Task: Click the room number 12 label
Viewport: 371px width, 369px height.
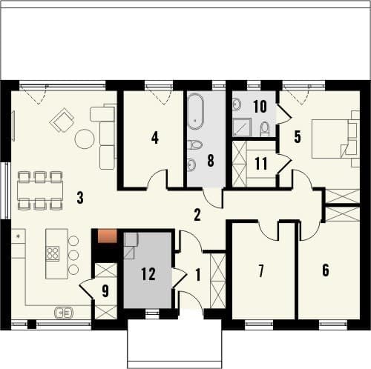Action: (148, 273)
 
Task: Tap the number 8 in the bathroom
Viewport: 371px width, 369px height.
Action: (211, 161)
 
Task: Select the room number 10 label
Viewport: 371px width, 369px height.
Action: (260, 107)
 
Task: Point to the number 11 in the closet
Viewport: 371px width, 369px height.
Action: (261, 163)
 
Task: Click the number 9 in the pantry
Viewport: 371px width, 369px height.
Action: (105, 291)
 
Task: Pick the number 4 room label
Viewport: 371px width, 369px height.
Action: (155, 138)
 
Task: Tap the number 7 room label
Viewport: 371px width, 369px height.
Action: (261, 270)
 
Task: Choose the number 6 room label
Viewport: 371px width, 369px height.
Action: (326, 270)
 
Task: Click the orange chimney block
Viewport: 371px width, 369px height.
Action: (107, 236)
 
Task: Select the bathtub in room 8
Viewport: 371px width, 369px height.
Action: (195, 111)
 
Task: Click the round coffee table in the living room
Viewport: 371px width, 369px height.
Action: (85, 139)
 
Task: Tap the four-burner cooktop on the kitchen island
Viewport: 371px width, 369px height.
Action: (53, 253)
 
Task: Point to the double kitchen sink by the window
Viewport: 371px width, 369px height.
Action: (64, 313)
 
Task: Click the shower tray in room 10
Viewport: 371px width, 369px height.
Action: (242, 127)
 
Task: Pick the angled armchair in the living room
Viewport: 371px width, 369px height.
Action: (62, 120)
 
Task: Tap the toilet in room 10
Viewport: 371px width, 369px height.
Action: (265, 128)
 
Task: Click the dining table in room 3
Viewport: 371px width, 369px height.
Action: (40, 190)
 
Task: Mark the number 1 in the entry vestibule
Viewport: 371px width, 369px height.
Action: (198, 275)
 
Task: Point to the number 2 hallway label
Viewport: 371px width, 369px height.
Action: (197, 215)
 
